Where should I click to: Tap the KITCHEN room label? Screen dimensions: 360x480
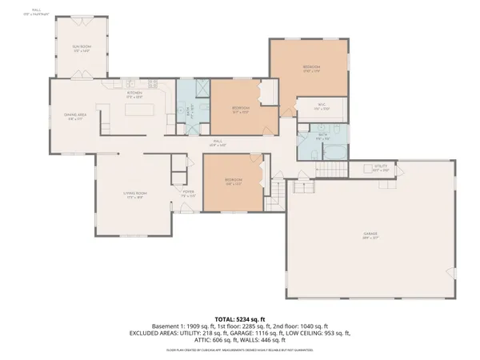134,94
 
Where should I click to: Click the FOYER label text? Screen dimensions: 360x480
189,191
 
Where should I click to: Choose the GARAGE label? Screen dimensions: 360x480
370,234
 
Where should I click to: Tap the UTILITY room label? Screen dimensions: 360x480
381,168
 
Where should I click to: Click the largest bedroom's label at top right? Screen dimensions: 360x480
311,67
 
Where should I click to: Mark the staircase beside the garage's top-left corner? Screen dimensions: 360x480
276,190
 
